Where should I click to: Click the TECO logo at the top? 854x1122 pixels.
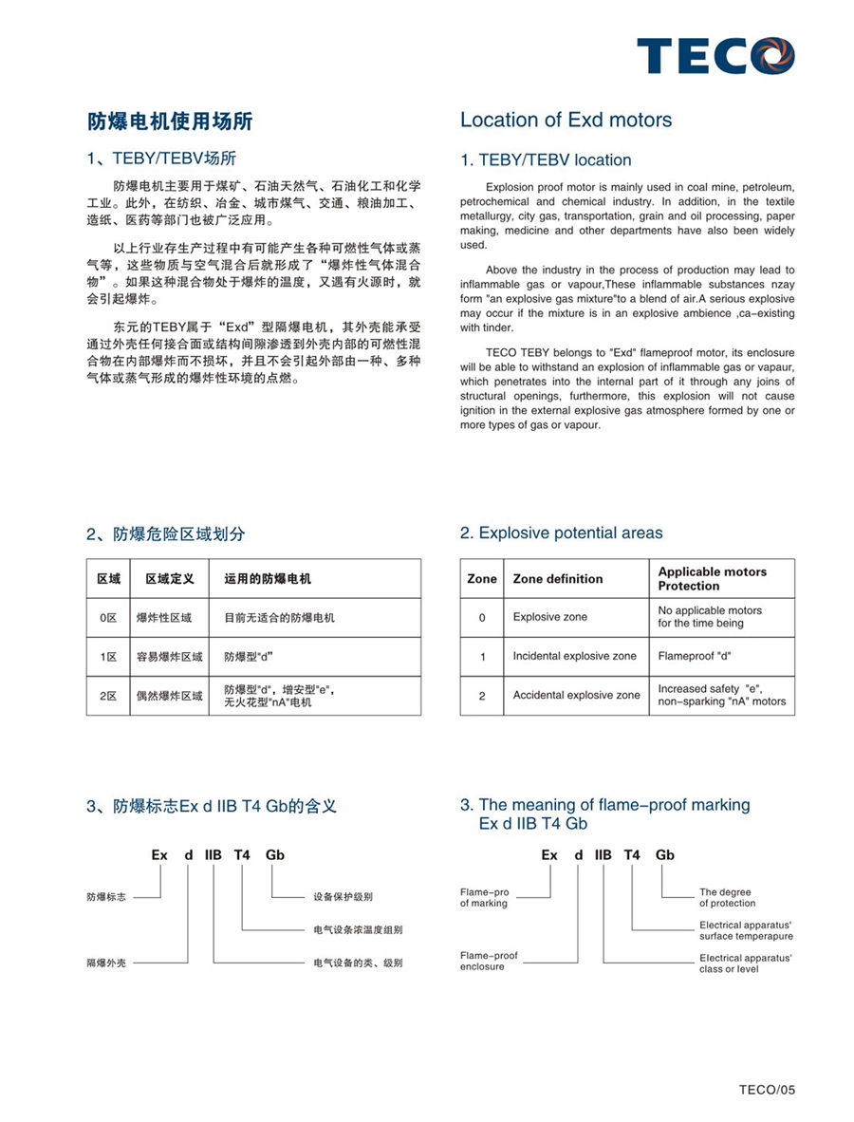point(715,56)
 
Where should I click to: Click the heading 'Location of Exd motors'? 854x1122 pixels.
point(566,121)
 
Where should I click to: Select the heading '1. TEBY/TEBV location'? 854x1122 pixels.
point(545,160)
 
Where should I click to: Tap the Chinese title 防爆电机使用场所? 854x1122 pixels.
point(170,122)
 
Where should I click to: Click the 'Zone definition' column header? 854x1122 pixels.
point(558,579)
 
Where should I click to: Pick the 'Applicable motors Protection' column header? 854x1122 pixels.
point(712,579)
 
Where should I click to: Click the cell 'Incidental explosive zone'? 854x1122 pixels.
point(575,656)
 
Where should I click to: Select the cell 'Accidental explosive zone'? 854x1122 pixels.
point(576,696)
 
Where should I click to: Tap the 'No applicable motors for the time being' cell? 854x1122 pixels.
point(710,617)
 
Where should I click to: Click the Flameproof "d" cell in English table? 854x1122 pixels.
point(695,656)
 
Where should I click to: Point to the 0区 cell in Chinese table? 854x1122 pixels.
point(108,618)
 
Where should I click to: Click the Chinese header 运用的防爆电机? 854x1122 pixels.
point(268,579)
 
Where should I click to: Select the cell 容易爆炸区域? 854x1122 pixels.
point(169,657)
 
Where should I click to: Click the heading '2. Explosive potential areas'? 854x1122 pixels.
point(561,533)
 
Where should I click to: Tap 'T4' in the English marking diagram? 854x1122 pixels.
point(632,855)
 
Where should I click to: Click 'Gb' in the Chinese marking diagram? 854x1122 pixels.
point(274,855)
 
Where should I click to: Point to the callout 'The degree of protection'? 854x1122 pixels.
point(727,898)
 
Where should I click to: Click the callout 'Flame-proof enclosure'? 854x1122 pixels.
point(489,961)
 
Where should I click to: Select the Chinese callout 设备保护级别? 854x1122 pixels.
point(343,897)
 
